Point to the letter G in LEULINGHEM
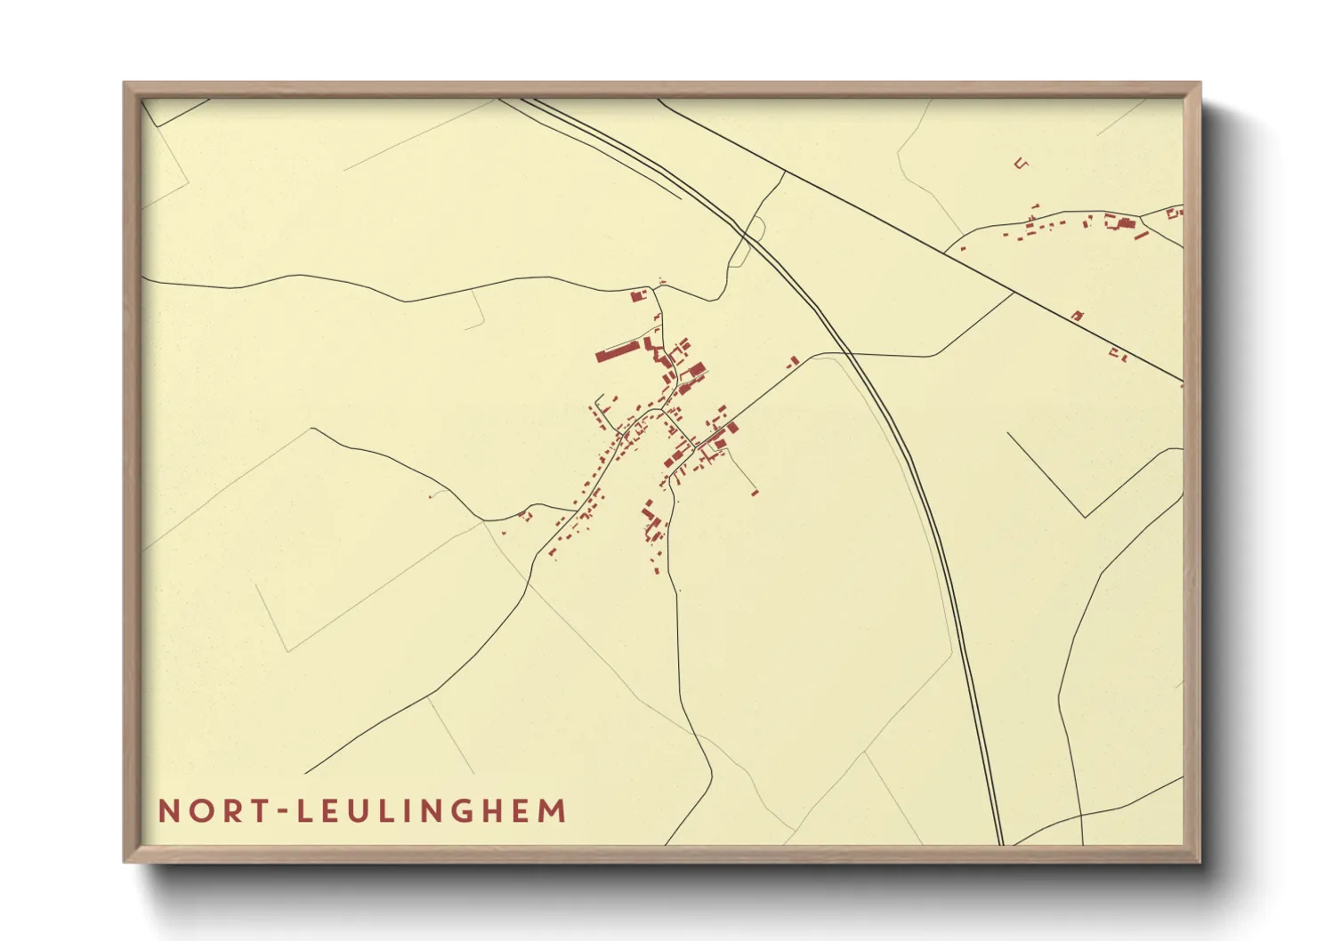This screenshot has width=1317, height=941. point(454,811)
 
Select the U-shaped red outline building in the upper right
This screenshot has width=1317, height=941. point(1022,163)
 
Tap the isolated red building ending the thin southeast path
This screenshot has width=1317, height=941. point(755,492)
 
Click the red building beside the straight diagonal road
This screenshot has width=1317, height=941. point(1078,316)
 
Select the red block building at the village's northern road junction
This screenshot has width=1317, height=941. point(637,296)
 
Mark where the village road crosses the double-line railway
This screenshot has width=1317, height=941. point(846,354)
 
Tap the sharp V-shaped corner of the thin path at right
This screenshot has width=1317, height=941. point(1085,516)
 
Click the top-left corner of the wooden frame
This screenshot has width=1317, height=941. point(125,83)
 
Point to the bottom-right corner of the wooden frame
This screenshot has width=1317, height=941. point(1200,861)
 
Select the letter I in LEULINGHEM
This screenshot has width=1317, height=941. point(397,811)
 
